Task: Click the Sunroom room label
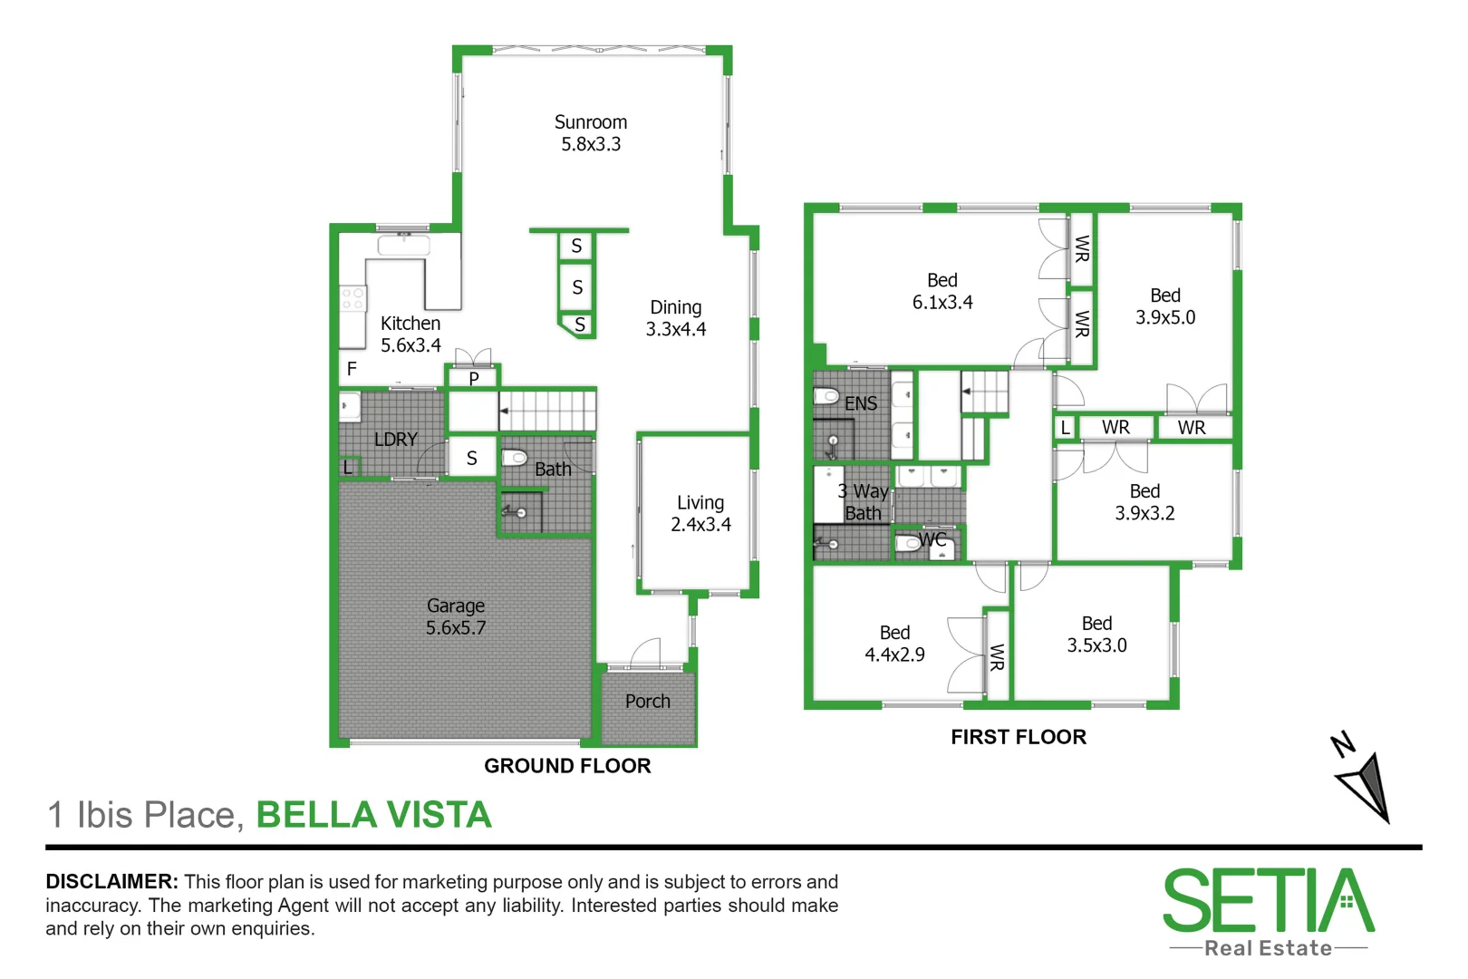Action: pos(590,122)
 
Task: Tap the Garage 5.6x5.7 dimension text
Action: pos(456,627)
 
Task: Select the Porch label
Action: pos(647,702)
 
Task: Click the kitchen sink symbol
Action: pos(403,245)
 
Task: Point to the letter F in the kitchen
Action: pos(352,369)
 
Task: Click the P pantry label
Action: pos(473,379)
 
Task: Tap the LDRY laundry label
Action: pos(396,440)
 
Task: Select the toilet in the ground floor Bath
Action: pos(515,456)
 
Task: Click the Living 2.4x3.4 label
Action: pos(700,513)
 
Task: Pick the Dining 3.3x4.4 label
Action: pos(675,318)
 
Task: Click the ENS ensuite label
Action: pos(861,403)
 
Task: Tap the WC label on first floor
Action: pos(932,540)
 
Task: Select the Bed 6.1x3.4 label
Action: pos(942,291)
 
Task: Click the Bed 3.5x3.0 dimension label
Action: pos(1096,645)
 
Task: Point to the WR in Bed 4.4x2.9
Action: pos(997,657)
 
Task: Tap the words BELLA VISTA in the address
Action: pos(373,815)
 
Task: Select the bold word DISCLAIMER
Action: pos(111,882)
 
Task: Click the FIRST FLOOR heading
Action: pos(1018,737)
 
